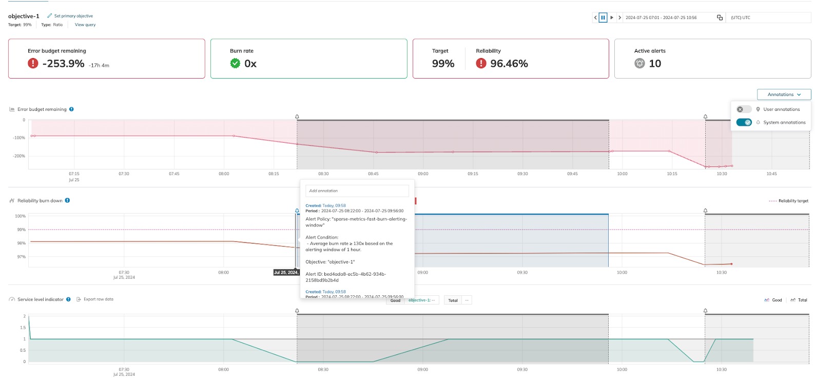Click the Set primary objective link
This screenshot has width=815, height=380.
(73, 16)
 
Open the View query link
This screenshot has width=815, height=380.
(85, 25)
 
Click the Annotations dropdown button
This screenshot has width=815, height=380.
(784, 94)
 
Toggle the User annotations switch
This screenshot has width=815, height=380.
(744, 109)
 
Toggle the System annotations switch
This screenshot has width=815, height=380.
(744, 122)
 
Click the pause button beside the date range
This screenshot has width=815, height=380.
(603, 17)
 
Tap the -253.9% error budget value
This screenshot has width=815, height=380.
(63, 64)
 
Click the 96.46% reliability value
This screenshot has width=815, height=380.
(509, 64)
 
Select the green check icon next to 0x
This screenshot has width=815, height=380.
(235, 63)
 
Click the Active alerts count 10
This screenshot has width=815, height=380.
(655, 64)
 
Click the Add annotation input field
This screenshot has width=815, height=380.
(357, 191)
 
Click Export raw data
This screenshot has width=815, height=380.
(98, 299)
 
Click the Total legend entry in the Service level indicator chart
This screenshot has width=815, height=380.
(802, 300)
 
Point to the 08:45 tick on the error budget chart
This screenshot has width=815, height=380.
(373, 174)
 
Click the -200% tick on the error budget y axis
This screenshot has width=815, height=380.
(19, 156)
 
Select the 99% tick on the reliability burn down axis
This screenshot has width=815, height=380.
(21, 230)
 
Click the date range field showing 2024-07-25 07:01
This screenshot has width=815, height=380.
(661, 17)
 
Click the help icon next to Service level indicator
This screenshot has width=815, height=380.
(68, 299)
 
